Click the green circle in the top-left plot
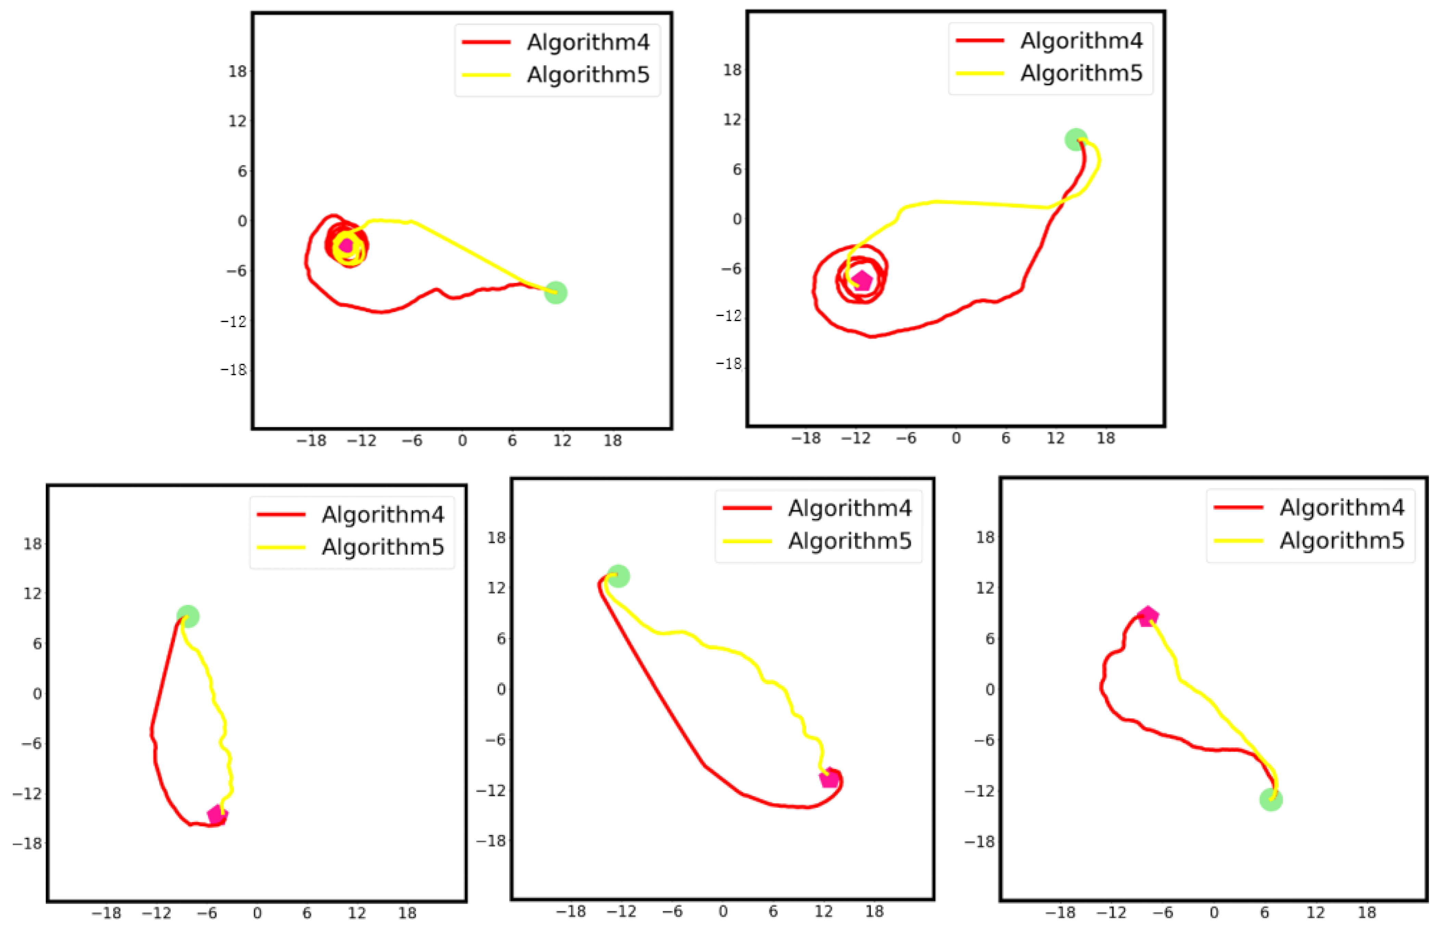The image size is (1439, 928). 555,293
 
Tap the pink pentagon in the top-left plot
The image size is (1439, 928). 346,245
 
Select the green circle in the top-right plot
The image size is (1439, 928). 1076,140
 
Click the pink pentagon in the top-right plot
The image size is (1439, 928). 863,280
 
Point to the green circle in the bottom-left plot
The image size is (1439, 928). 188,616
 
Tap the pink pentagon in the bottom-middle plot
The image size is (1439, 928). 829,779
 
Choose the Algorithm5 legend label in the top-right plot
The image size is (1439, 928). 1081,73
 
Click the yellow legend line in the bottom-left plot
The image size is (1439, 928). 281,547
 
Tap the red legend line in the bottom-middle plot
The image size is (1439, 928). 747,508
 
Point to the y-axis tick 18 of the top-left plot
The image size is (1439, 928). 237,71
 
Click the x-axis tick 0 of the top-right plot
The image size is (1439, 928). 956,438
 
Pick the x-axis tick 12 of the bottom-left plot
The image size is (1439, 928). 357,913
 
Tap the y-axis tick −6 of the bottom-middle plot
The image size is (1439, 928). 496,739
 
